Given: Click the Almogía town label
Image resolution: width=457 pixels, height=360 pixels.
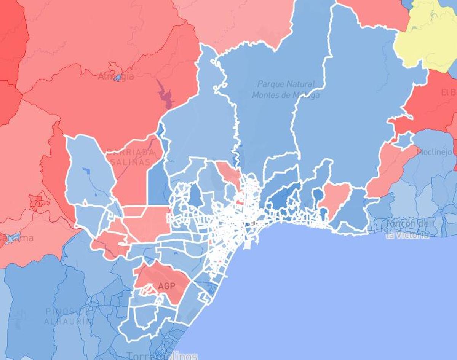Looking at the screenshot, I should [x=116, y=76].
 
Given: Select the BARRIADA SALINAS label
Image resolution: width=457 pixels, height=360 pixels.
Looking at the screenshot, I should [x=131, y=157].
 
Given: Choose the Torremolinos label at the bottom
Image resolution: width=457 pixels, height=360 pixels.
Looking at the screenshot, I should [x=162, y=356].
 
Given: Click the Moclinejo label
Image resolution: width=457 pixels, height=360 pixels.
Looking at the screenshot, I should [x=435, y=152].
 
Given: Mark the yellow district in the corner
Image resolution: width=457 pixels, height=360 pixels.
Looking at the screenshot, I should [x=427, y=38].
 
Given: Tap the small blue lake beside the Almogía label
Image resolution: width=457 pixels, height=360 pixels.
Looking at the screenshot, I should [x=118, y=78].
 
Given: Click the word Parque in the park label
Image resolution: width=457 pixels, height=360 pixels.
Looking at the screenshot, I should [x=271, y=84].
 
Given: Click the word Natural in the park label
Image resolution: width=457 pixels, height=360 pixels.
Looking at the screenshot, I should [x=301, y=84].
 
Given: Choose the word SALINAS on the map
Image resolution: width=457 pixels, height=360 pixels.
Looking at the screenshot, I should [x=131, y=162].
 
